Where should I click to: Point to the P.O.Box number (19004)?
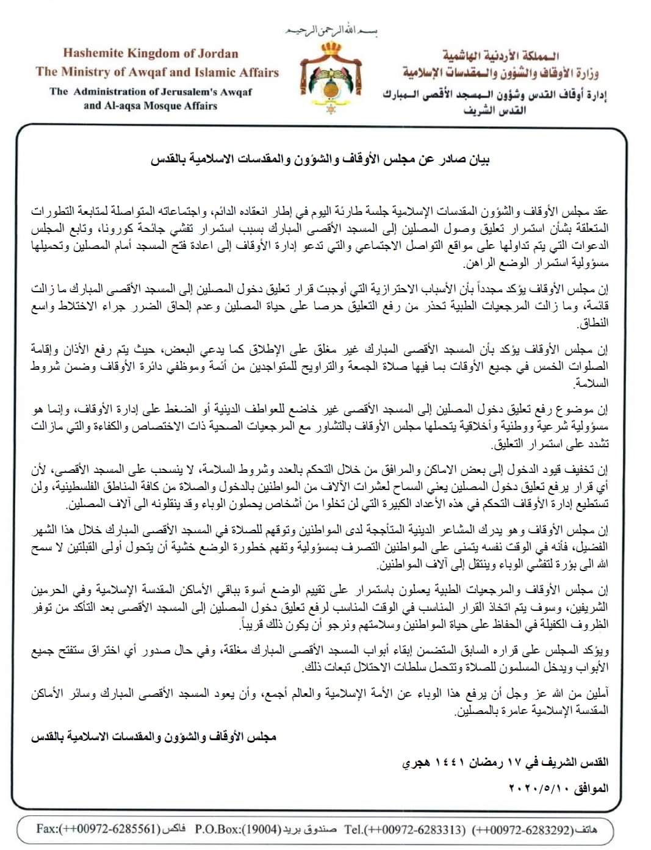(x=254, y=829)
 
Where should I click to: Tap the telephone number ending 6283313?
(x=415, y=829)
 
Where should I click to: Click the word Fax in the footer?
(x=48, y=829)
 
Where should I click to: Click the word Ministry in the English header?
(x=88, y=72)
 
